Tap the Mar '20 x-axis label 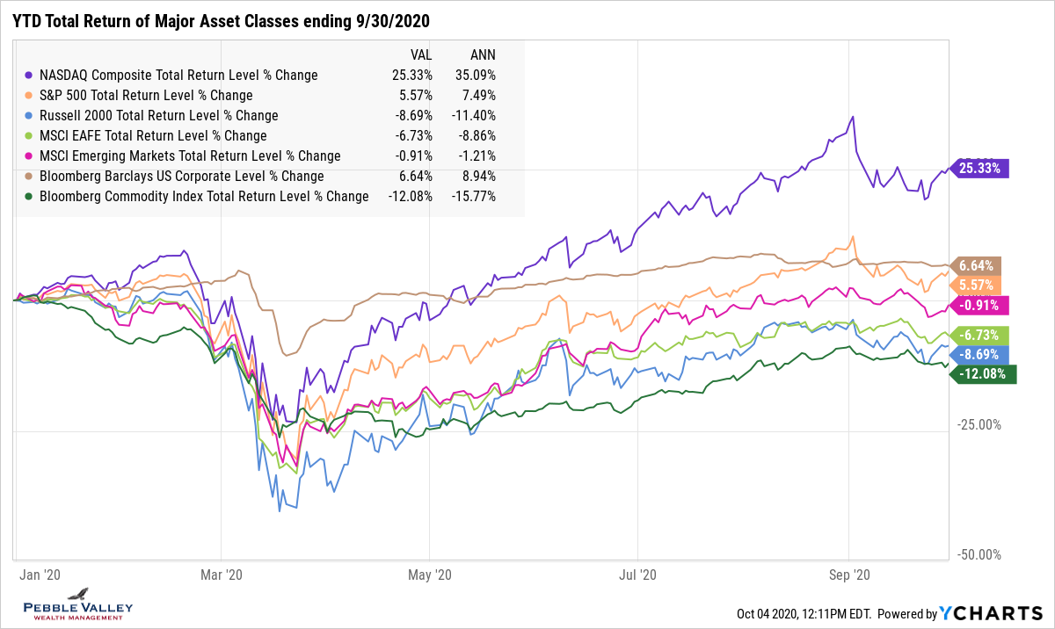(222, 575)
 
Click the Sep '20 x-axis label (849, 575)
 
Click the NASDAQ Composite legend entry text (178, 75)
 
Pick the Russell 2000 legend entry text (159, 115)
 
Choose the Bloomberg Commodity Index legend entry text (204, 196)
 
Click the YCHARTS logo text (992, 613)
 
